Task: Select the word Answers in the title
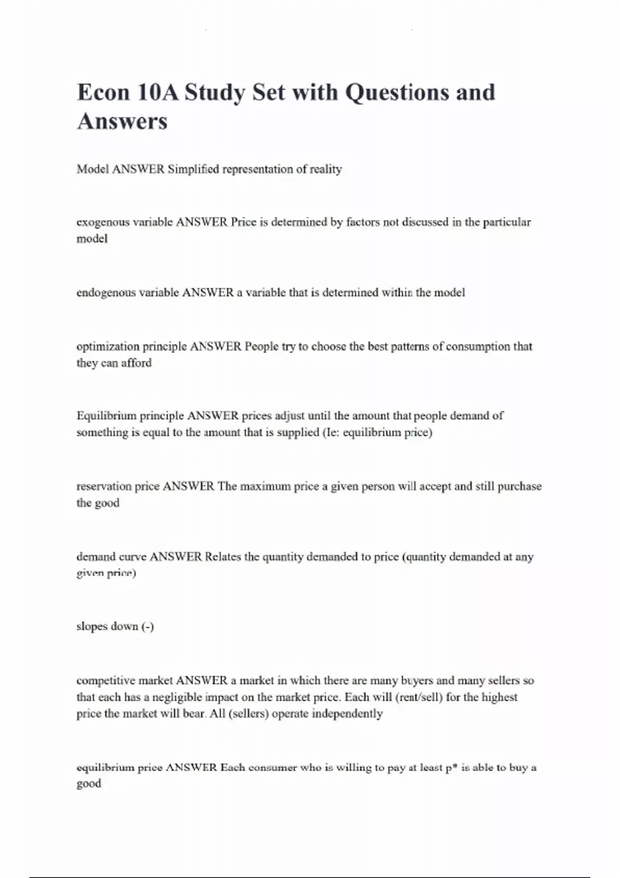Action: pyautogui.click(x=122, y=122)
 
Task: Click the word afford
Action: pyautogui.click(x=136, y=363)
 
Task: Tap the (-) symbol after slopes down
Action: pyautogui.click(x=148, y=626)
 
